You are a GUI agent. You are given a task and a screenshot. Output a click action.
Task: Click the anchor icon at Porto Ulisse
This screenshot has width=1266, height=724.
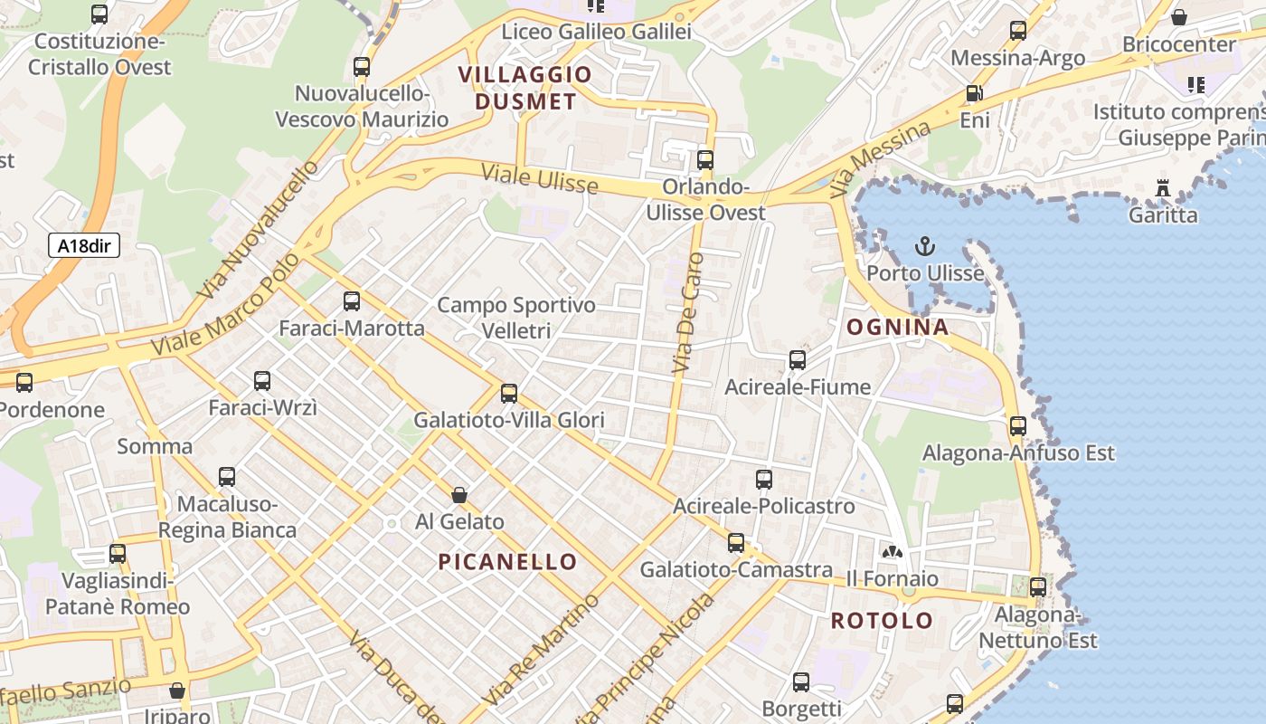tap(924, 246)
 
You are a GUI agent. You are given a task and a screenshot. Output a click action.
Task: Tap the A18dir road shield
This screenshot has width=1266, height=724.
tap(83, 245)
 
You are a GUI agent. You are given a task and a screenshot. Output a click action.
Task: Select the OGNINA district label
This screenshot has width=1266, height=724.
tap(897, 328)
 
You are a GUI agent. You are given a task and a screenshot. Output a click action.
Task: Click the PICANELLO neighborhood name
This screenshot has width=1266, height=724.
tap(507, 562)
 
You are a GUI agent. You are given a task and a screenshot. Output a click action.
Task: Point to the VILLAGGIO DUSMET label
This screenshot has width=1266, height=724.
tap(525, 88)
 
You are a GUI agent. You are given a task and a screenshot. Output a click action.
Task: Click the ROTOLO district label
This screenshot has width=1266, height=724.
tap(882, 621)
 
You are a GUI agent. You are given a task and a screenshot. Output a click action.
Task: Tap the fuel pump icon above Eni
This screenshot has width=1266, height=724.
tap(974, 93)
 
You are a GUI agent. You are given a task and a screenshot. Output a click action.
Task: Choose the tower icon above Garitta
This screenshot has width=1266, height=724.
tap(1163, 189)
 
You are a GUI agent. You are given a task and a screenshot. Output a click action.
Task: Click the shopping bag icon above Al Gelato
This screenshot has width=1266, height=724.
tap(459, 495)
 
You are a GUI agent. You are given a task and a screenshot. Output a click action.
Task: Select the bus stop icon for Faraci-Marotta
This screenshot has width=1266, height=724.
tap(352, 301)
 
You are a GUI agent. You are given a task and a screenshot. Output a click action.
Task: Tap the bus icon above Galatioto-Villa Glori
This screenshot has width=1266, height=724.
tap(509, 394)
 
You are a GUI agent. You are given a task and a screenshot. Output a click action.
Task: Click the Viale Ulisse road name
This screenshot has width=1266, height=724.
tap(539, 178)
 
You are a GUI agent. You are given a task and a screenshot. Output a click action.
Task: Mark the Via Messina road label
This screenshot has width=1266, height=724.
tap(880, 159)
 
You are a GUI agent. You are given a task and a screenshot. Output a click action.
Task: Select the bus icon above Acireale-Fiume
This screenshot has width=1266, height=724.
tap(797, 360)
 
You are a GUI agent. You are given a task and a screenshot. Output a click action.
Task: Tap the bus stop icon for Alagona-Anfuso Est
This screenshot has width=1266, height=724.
tap(1018, 426)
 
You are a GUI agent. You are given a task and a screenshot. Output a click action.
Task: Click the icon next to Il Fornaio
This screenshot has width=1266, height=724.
tap(892, 551)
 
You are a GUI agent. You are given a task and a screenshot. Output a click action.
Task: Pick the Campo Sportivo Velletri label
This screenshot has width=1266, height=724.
tap(516, 318)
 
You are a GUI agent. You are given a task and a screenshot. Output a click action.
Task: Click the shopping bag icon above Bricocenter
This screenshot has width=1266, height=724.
tap(1179, 17)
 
